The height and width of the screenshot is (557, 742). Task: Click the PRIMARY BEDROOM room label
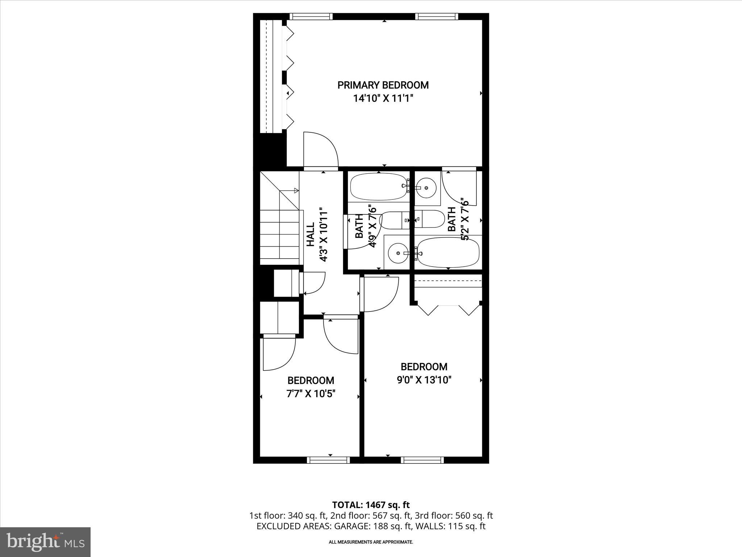383,85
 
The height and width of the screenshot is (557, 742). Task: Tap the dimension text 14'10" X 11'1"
383,98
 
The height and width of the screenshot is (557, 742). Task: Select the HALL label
311,235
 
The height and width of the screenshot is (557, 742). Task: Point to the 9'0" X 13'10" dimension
424,380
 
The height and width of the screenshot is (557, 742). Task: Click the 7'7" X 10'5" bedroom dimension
311,394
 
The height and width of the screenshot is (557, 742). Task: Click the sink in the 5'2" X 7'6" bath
426,188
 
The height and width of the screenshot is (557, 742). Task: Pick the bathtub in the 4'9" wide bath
378,186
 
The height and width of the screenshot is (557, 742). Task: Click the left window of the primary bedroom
311,16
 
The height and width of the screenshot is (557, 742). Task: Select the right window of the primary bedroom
437,16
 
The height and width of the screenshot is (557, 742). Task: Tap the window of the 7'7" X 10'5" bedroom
328,460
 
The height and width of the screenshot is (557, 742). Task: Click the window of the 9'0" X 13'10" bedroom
422,460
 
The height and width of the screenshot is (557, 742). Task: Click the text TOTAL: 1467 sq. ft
371,505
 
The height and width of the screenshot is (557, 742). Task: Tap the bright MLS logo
45,542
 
